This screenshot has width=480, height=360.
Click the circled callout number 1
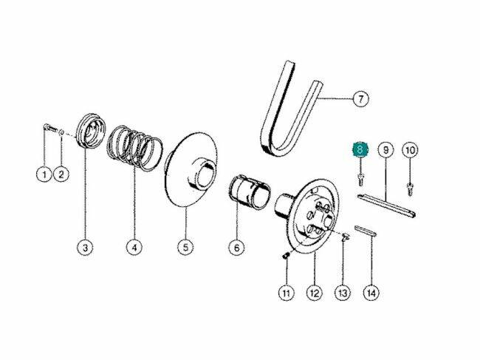click(44, 174)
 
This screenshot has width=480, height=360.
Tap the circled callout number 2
click(61, 174)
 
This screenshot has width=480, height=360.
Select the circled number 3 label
click(85, 247)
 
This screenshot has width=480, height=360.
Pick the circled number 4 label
click(134, 247)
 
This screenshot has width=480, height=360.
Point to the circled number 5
click(185, 247)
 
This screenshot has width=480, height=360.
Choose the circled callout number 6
click(236, 247)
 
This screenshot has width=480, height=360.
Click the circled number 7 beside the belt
click(361, 99)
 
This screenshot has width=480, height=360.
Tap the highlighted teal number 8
click(360, 150)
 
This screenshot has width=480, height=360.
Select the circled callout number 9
click(385, 150)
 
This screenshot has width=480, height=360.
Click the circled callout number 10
click(410, 150)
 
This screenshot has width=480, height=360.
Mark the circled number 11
click(286, 293)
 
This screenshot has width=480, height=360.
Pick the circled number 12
click(315, 293)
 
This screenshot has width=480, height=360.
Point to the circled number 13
click(343, 293)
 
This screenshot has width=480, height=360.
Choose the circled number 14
click(371, 293)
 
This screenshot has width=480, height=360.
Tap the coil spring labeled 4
click(135, 148)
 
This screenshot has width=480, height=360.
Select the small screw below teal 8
click(361, 179)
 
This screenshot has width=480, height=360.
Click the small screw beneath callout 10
click(410, 189)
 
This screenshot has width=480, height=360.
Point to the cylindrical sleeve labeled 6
click(250, 191)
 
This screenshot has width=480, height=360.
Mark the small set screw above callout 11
click(285, 256)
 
